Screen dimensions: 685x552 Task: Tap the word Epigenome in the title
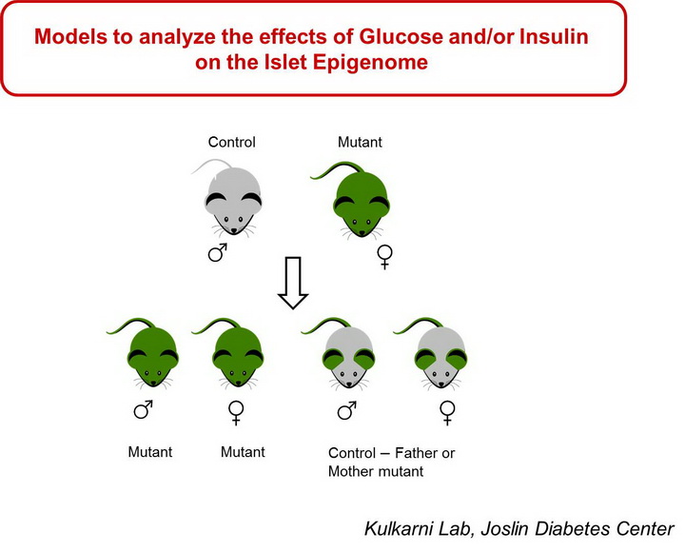(370, 62)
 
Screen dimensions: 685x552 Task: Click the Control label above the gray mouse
(231, 142)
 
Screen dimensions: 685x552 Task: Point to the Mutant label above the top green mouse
(360, 142)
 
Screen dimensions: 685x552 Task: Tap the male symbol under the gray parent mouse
(218, 252)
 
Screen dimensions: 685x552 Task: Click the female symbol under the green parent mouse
(385, 257)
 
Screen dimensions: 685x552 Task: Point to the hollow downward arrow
(293, 283)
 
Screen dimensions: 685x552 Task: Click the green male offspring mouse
(147, 352)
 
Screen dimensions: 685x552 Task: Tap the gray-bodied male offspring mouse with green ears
(342, 353)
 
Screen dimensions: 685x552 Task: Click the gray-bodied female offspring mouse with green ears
(434, 353)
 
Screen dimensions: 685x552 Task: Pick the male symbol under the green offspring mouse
(144, 409)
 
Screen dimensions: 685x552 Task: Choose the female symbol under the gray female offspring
(447, 413)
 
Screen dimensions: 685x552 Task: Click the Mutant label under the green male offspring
(150, 451)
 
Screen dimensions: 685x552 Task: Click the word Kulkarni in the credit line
(398, 528)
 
